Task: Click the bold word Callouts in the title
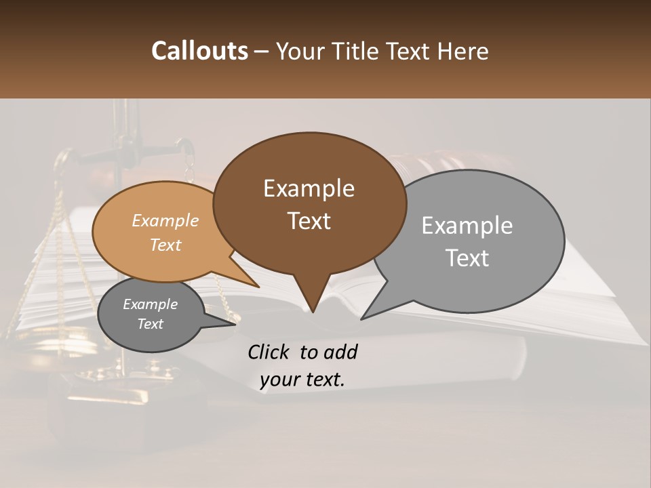(x=199, y=51)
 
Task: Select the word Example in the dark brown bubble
(x=309, y=188)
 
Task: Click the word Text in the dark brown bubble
(x=309, y=221)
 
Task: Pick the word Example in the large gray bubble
(x=467, y=226)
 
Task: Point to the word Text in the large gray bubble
(x=467, y=258)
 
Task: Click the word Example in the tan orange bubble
(x=165, y=220)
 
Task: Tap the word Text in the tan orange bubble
(x=165, y=245)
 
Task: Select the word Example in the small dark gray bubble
(x=150, y=304)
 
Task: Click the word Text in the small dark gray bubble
(x=150, y=324)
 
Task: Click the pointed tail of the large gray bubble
(x=364, y=317)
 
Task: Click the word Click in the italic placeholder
(x=270, y=352)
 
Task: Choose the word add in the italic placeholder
(x=340, y=352)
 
